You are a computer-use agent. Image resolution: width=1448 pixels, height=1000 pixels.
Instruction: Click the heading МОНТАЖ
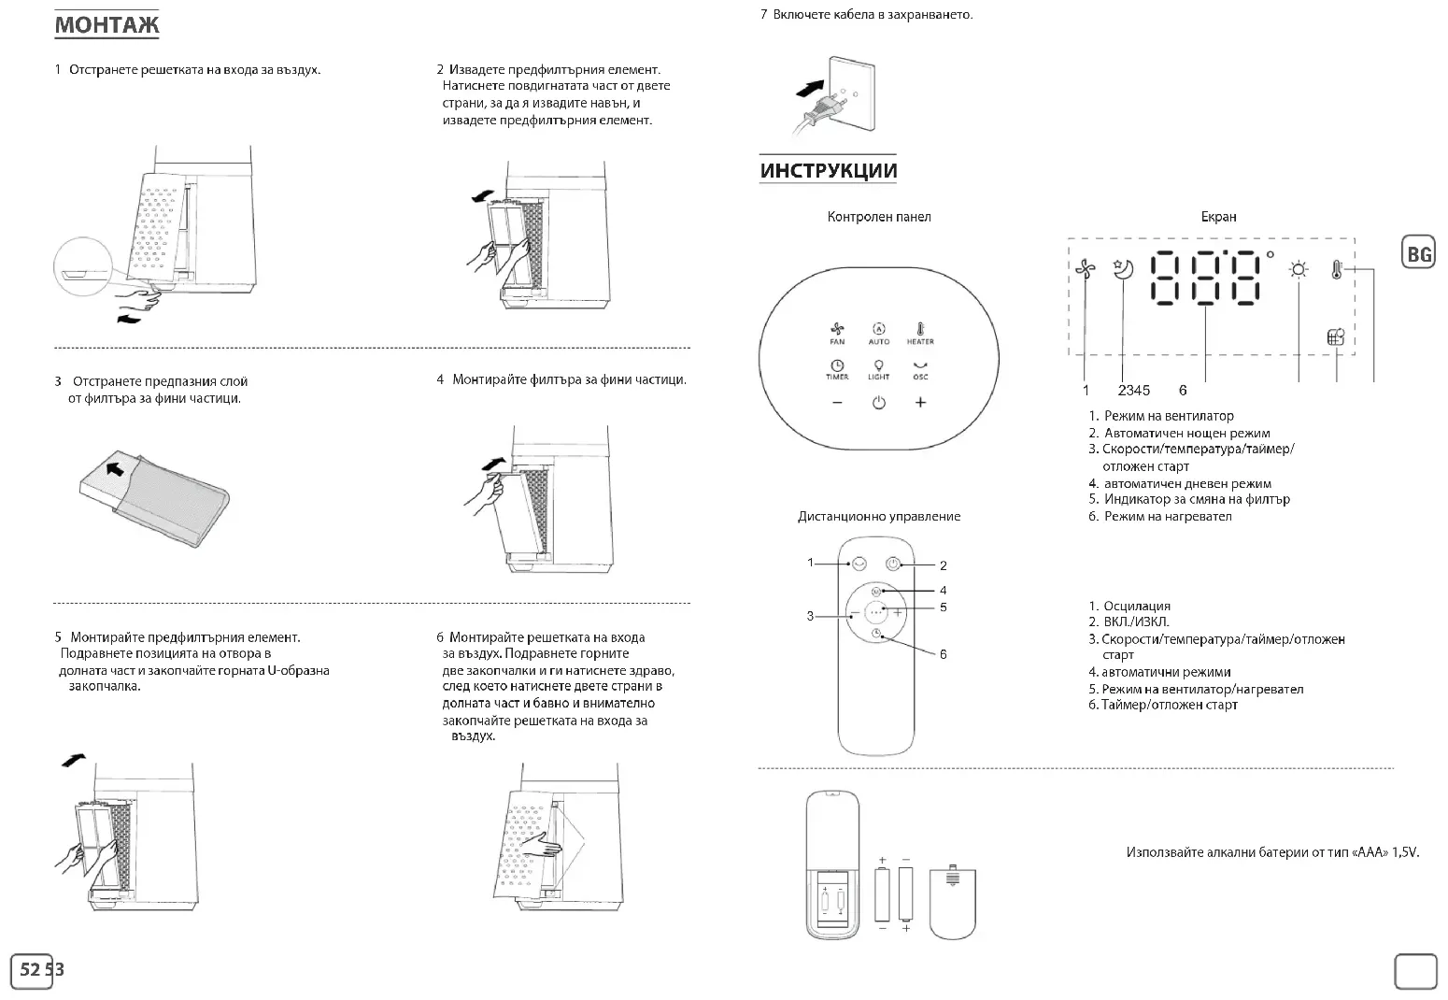[106, 25]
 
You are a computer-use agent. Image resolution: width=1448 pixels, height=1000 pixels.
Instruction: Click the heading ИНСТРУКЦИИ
[828, 171]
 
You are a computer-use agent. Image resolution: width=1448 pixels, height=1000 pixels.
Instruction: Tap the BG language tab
[1418, 254]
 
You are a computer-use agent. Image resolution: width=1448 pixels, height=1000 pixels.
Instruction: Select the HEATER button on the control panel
[920, 333]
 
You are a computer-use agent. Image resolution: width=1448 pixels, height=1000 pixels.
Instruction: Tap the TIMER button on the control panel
[837, 369]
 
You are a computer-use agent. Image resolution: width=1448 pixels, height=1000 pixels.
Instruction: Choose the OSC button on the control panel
[920, 369]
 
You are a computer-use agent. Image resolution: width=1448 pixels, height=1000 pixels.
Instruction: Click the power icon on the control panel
[878, 403]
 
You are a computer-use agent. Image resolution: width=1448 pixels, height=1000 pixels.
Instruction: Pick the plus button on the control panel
[920, 403]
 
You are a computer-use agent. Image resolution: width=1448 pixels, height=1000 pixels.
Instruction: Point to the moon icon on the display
[1123, 269]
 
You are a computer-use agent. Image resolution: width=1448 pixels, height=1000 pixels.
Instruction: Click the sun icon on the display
[1299, 270]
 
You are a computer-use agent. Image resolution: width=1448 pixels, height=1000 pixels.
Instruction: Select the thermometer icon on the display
[1337, 270]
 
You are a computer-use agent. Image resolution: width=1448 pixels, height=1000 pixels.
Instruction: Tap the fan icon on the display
[1084, 270]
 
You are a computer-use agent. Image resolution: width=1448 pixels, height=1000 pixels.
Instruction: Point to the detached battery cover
[953, 902]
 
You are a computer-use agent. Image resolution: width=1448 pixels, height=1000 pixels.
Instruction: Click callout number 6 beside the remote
[944, 654]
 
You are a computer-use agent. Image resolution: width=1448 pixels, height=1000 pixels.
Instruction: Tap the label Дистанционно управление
[878, 517]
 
